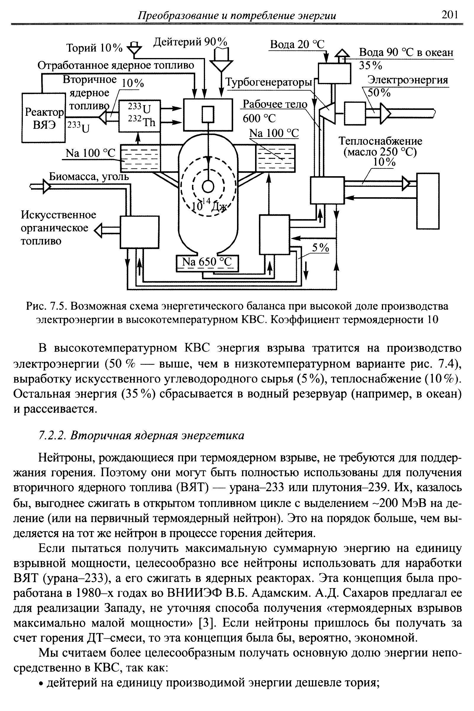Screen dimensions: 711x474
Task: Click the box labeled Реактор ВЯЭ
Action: (44, 118)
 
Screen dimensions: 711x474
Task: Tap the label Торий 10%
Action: (94, 48)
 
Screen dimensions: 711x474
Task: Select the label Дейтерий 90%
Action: (190, 42)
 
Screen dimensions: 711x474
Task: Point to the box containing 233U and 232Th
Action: (139, 115)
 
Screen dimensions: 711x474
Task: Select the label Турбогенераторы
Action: (269, 82)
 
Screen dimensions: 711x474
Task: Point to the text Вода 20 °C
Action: (297, 45)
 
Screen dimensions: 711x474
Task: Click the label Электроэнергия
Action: (408, 80)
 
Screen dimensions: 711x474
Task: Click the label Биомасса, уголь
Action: (89, 176)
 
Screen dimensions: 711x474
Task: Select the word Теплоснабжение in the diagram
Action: (380, 141)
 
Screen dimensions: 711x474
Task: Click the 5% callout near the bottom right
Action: (321, 248)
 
